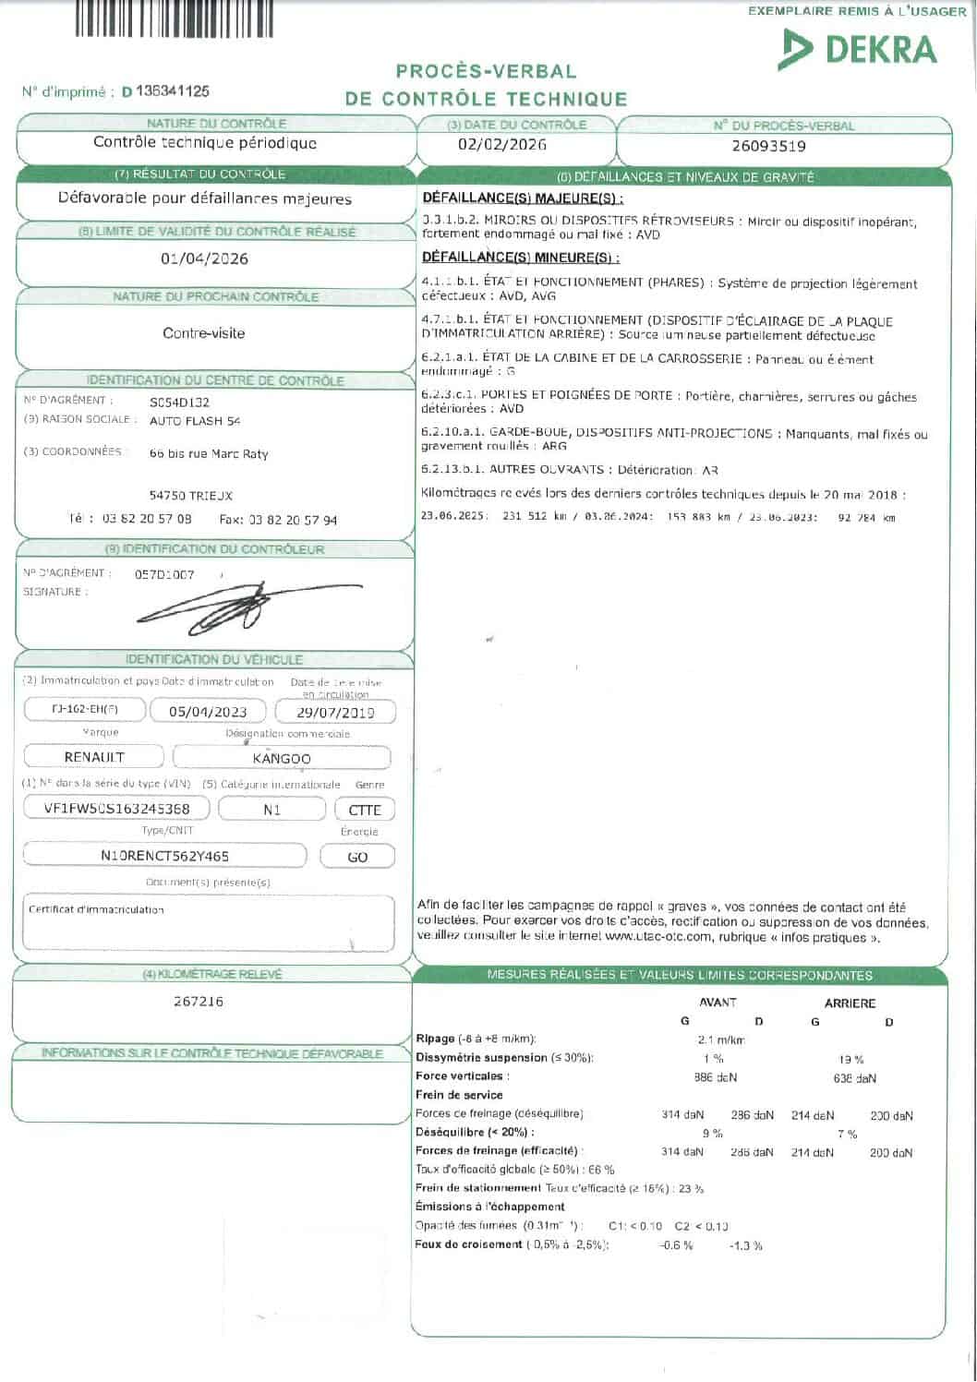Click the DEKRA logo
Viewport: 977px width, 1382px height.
[x=858, y=49]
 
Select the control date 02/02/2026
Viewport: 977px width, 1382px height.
[x=502, y=145]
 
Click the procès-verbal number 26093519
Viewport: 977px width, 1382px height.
[x=768, y=146]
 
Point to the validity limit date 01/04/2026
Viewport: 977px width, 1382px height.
[x=204, y=258]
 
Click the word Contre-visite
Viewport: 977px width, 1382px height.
[x=204, y=333]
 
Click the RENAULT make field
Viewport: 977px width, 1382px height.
[x=94, y=757]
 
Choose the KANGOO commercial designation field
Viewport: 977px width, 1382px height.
[x=282, y=758]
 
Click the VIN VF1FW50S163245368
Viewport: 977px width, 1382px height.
[x=117, y=809]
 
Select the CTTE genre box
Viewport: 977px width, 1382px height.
[x=365, y=810]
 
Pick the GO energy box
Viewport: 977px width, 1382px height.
[x=357, y=857]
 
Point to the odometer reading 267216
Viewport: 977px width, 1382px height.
[x=199, y=1001]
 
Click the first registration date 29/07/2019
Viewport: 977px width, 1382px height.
[x=335, y=712]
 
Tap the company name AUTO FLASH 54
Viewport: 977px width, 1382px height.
[x=195, y=421]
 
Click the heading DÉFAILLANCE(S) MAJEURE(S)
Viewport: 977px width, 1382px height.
[x=522, y=198]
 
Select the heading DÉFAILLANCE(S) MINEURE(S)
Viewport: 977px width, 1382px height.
[x=521, y=258]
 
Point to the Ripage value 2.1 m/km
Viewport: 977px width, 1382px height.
[x=721, y=1040]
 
